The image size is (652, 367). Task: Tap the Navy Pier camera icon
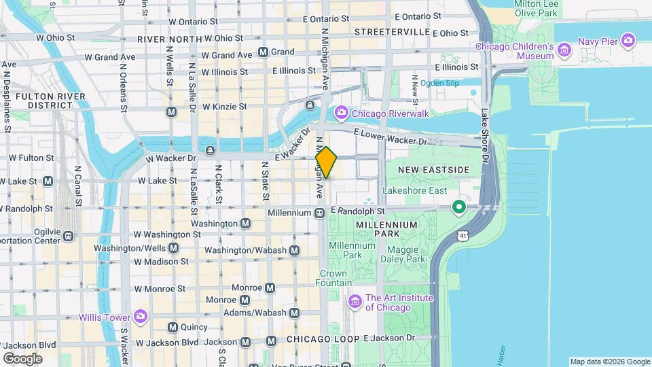coord(628,41)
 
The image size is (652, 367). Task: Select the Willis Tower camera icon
coord(141,316)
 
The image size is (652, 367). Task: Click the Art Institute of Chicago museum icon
coord(354,301)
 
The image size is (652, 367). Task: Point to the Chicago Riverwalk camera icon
coord(341,113)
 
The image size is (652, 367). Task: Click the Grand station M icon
coord(263,52)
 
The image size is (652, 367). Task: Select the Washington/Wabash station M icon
coord(294,250)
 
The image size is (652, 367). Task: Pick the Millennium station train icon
coord(319,213)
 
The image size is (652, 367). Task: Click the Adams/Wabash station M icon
coord(294,313)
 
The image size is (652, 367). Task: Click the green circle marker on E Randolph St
coord(459,207)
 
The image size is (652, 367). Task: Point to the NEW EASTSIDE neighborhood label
coord(434,169)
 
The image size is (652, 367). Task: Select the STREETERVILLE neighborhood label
coord(392,32)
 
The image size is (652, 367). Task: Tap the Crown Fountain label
coord(333,278)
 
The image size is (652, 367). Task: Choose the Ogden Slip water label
coord(439,83)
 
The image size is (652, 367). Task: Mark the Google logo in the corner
coord(22,359)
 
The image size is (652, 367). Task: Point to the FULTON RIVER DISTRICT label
coord(50,101)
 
